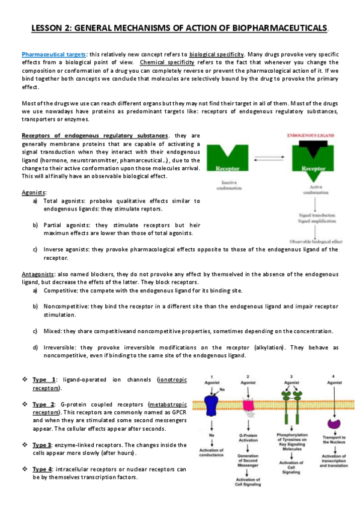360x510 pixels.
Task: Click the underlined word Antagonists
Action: tap(38, 274)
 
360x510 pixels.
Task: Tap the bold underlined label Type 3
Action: tap(44, 444)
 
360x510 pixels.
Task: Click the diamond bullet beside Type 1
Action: tap(23, 379)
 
